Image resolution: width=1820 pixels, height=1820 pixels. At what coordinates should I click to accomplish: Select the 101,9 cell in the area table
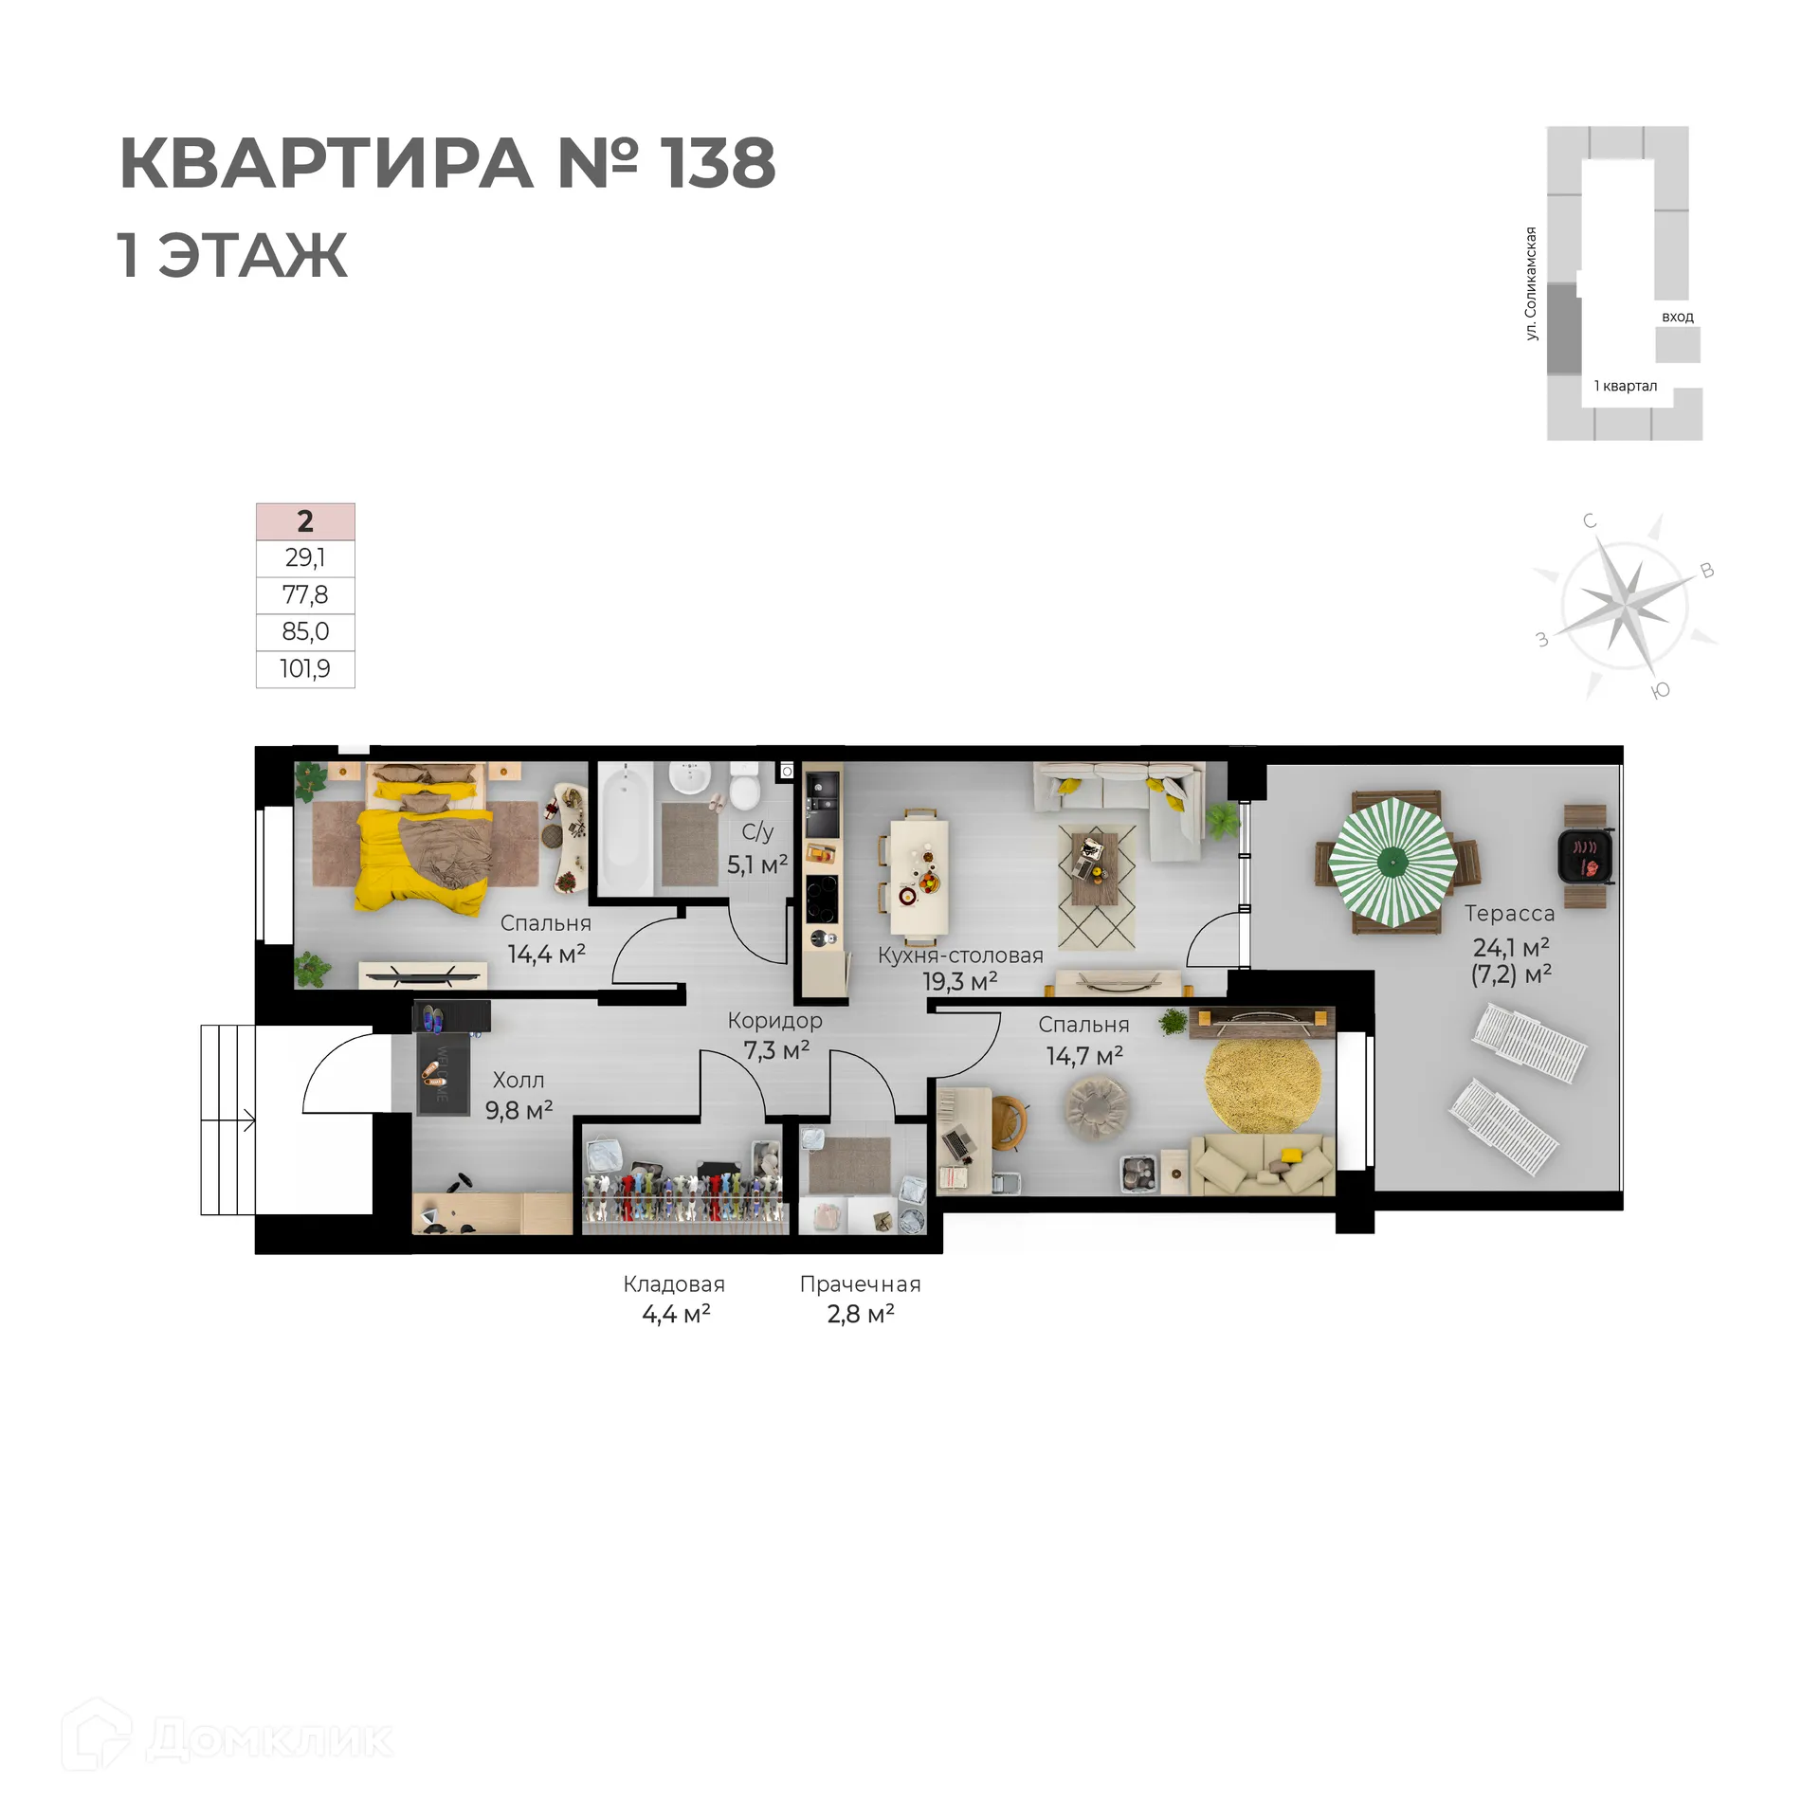pyautogui.click(x=305, y=669)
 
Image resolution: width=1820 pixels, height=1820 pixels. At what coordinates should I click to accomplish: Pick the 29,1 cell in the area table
pyautogui.click(x=305, y=558)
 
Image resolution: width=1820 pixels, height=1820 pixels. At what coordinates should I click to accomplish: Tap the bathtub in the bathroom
pyautogui.click(x=623, y=828)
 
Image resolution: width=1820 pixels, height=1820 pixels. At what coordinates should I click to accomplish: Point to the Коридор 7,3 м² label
pyautogui.click(x=775, y=1035)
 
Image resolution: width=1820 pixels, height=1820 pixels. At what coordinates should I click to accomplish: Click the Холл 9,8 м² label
pyautogui.click(x=519, y=1095)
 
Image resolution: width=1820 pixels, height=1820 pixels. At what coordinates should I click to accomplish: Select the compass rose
pyautogui.click(x=1625, y=605)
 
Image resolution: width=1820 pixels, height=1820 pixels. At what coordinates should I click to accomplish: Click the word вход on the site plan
pyautogui.click(x=1677, y=317)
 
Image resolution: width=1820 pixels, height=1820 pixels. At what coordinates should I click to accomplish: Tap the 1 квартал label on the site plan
pyautogui.click(x=1625, y=386)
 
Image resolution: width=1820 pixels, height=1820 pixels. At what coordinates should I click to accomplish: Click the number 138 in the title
pyautogui.click(x=718, y=163)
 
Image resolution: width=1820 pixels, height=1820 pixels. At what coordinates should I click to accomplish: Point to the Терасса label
pyautogui.click(x=1509, y=914)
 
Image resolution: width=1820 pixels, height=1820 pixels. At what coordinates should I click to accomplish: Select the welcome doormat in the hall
pyautogui.click(x=444, y=1074)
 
